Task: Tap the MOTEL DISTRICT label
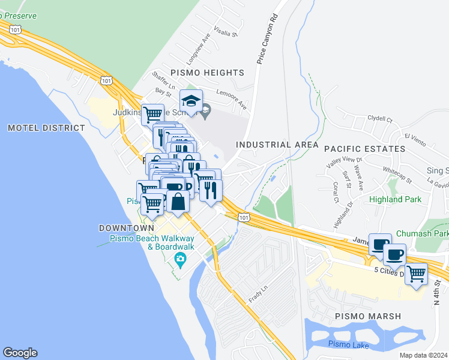click(x=46, y=128)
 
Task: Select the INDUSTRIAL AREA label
click(x=277, y=145)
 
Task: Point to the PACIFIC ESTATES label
click(x=364, y=148)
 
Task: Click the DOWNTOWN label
click(x=127, y=229)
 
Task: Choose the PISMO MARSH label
click(x=368, y=316)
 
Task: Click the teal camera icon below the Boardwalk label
click(x=179, y=259)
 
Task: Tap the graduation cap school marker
click(x=191, y=100)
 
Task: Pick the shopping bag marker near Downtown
click(x=178, y=202)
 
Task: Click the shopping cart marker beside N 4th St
click(x=416, y=274)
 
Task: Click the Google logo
click(x=20, y=353)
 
